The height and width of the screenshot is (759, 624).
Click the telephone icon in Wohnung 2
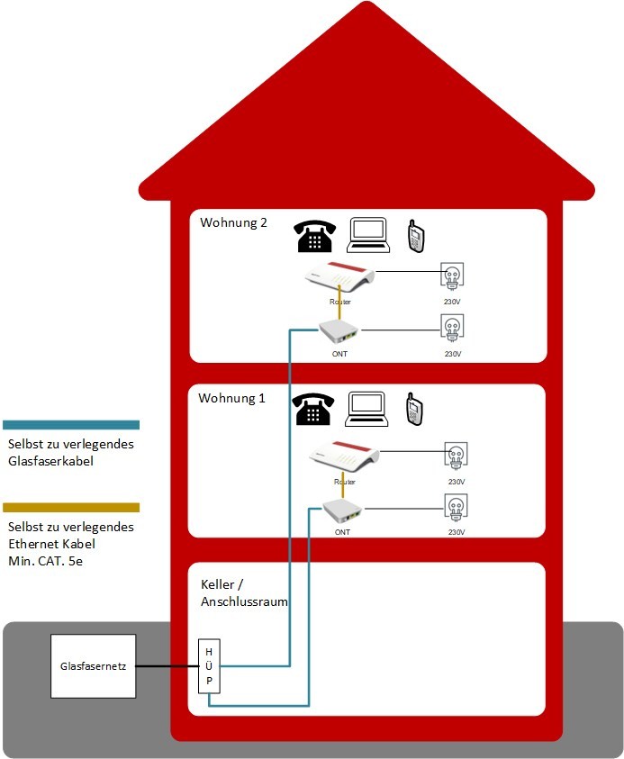tap(313, 236)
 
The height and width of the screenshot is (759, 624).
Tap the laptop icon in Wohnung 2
tap(367, 234)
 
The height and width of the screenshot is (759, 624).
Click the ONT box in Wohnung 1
tap(342, 511)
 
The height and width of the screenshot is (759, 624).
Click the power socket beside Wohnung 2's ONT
tap(452, 328)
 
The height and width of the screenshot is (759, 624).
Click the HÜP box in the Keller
tap(209, 666)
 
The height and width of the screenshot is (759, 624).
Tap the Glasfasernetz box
tap(94, 666)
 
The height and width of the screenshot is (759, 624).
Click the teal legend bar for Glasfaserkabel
tap(71, 424)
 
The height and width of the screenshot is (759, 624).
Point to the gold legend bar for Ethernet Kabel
tap(71, 508)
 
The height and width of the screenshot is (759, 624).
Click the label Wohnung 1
tap(232, 397)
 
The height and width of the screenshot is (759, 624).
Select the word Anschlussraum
tap(244, 602)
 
